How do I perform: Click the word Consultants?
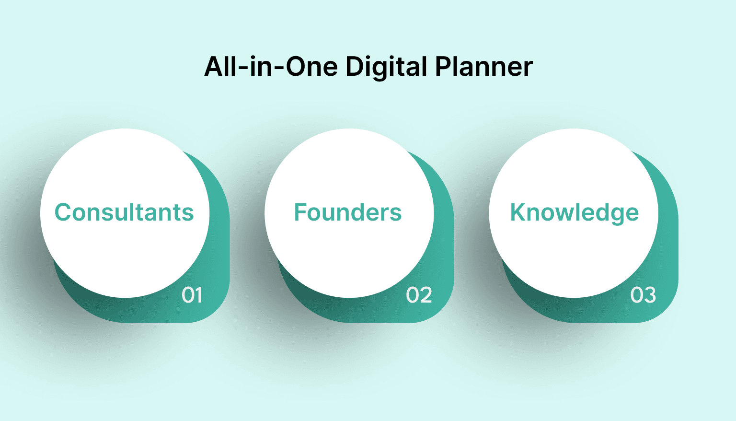click(124, 212)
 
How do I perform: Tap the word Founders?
click(348, 212)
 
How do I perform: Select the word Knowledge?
click(574, 212)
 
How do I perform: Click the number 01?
click(192, 295)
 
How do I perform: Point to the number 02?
click(419, 295)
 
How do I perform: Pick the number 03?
click(643, 295)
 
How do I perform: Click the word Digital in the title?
click(386, 67)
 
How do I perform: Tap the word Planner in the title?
click(484, 67)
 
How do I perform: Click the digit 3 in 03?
click(649, 295)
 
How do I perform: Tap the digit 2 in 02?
click(425, 295)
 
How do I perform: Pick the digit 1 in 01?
click(198, 295)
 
